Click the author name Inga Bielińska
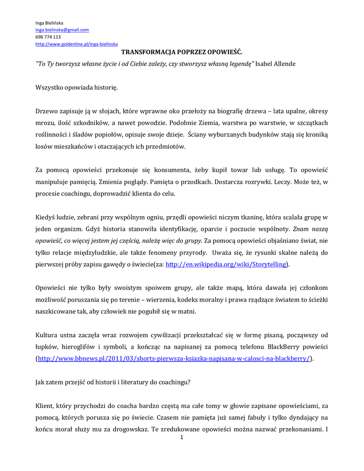[x=50, y=23]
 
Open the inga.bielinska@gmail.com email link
[x=62, y=29]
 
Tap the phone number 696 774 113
[x=48, y=37]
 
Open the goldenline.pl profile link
[x=77, y=44]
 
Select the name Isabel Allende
[x=275, y=63]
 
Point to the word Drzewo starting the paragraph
[x=46, y=111]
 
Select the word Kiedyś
[x=46, y=217]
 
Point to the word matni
[x=187, y=311]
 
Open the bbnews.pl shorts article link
[x=174, y=359]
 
